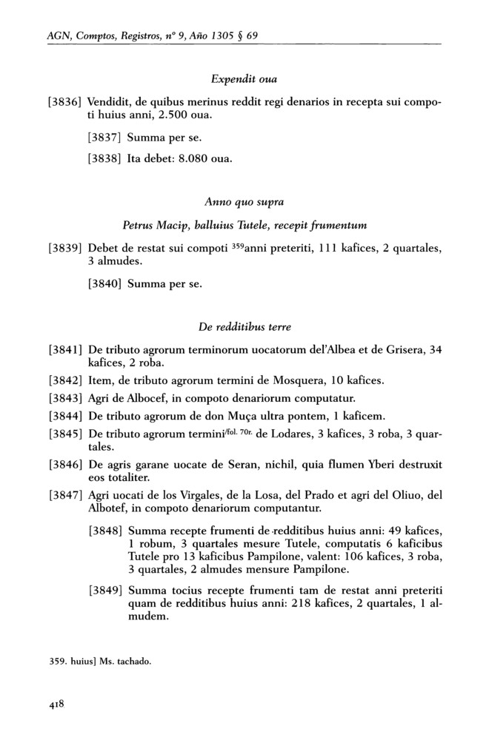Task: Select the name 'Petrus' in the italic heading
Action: click(x=138, y=226)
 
